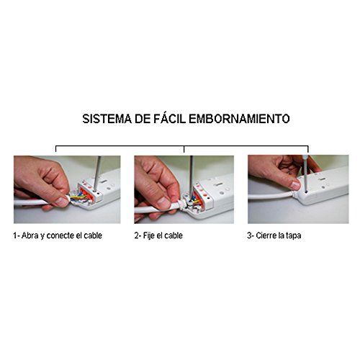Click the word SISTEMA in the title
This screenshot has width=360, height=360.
pos(106,118)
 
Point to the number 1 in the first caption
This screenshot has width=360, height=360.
pos(15,235)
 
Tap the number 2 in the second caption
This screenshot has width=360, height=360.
pos(137,235)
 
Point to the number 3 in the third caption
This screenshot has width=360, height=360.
pos(250,235)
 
